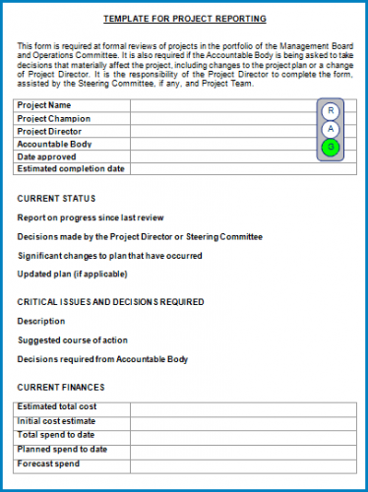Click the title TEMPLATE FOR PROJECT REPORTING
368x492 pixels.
184,19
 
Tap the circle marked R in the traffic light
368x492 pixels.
331,110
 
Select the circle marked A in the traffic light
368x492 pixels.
331,129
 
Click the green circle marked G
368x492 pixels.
331,148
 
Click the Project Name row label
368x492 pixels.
44,105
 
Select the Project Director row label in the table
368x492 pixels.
49,131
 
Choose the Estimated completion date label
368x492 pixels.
71,169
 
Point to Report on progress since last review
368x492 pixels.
91,217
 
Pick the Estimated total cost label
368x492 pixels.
57,407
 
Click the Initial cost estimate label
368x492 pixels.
57,420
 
